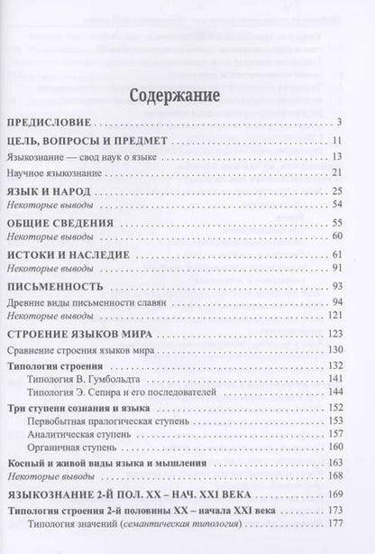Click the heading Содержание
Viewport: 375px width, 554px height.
(x=187, y=93)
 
